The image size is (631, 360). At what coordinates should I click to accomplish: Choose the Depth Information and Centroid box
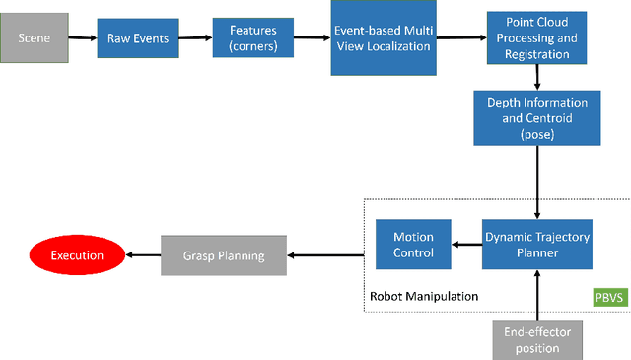click(x=537, y=118)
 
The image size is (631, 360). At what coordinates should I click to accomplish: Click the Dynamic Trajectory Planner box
click(x=537, y=245)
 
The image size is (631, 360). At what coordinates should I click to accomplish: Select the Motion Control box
click(x=413, y=245)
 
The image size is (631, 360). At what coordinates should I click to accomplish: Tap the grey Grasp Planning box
click(x=224, y=255)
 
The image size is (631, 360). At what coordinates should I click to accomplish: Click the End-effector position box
click(x=537, y=339)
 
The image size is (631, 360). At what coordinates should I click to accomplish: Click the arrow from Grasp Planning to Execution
click(x=144, y=255)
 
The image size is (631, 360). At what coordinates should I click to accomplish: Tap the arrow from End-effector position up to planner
click(x=537, y=294)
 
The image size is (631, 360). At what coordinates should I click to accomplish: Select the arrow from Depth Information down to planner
click(x=537, y=181)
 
